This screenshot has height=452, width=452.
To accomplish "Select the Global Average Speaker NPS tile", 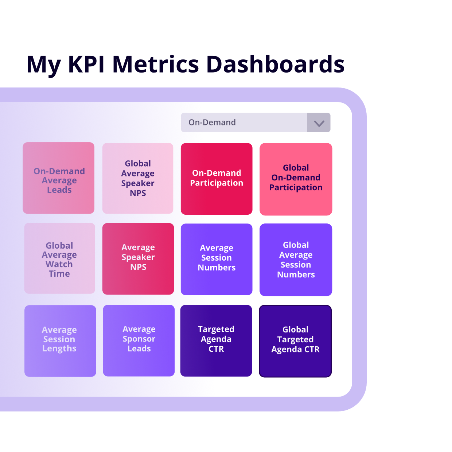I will click(x=138, y=178).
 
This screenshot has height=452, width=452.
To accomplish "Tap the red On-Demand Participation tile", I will click(x=217, y=179).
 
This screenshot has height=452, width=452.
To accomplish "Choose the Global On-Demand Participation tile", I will click(x=296, y=179).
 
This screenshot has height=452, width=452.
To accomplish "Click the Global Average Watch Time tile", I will click(x=59, y=258).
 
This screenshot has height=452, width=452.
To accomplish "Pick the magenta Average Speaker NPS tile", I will click(x=138, y=259).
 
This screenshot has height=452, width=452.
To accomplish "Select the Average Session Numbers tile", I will click(x=217, y=259).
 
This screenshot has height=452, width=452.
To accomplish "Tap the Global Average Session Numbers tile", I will click(x=296, y=260).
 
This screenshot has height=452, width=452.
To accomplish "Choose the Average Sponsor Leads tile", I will click(x=139, y=340).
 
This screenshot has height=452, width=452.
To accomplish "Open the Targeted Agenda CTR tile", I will click(x=216, y=340).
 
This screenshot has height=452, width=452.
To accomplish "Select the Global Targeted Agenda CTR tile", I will click(x=295, y=341).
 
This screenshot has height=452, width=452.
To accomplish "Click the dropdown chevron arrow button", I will click(x=319, y=123).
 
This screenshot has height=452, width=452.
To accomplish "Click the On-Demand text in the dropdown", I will click(x=212, y=122).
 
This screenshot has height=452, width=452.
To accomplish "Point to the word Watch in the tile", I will click(x=59, y=264).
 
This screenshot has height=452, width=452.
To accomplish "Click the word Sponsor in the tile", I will click(x=139, y=339).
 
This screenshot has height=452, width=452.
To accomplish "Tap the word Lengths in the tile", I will click(x=59, y=349).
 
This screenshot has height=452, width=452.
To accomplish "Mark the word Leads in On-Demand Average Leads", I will click(x=59, y=190).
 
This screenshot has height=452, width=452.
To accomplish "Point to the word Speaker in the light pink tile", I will click(x=138, y=183).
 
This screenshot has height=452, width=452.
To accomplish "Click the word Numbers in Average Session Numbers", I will click(x=217, y=268).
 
